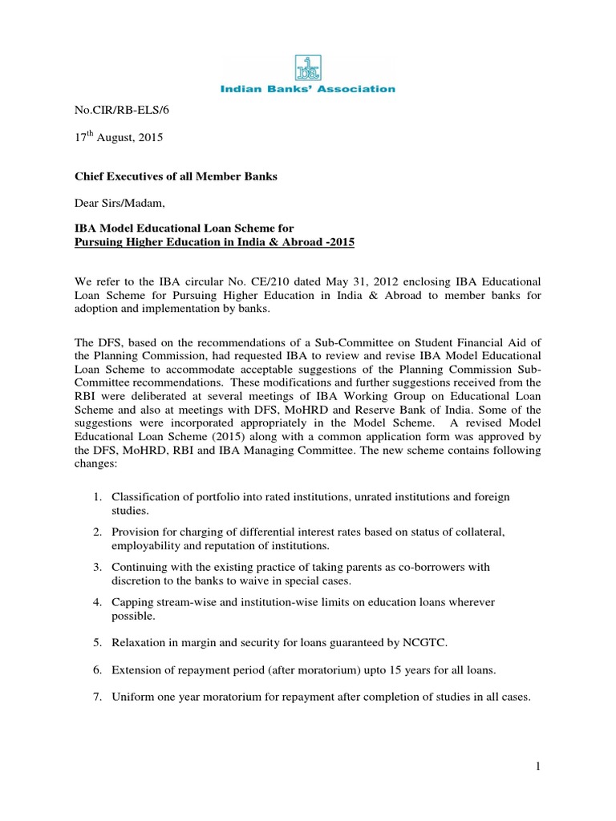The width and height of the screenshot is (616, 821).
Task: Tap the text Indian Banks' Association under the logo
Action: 308,89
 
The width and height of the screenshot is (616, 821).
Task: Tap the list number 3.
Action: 96,568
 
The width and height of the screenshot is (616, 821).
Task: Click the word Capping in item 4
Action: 132,601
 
